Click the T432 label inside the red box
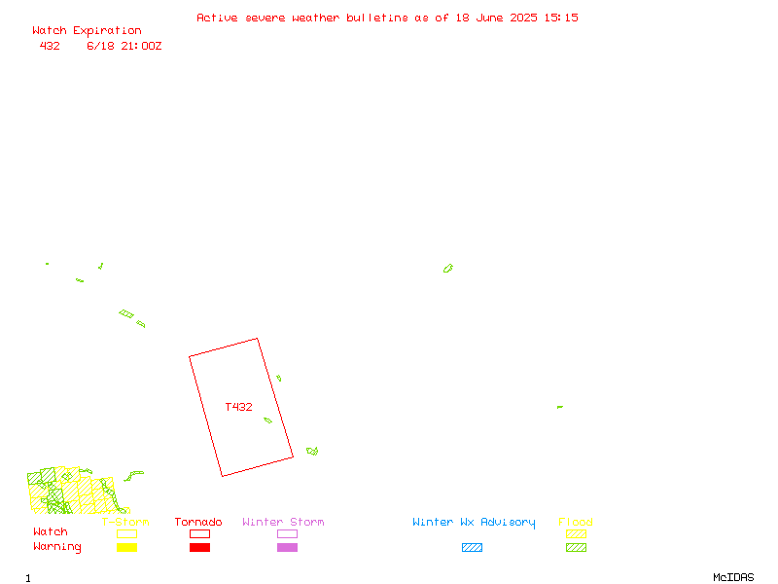(x=238, y=407)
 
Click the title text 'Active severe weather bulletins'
(x=302, y=18)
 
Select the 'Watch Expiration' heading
(x=87, y=31)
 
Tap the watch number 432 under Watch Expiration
(x=50, y=46)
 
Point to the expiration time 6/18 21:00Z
(x=124, y=46)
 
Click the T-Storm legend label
(x=125, y=522)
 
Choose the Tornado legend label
(x=198, y=522)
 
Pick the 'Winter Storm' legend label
(x=283, y=522)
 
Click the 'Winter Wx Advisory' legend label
(x=474, y=523)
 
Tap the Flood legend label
(x=576, y=522)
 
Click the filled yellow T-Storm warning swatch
(x=127, y=547)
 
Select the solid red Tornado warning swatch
(x=200, y=547)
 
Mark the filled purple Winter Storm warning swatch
(x=287, y=547)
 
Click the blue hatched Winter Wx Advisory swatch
(x=472, y=547)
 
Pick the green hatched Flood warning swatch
(x=576, y=547)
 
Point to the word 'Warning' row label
(x=57, y=547)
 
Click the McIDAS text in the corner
(x=733, y=577)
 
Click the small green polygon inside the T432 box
(x=268, y=420)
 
